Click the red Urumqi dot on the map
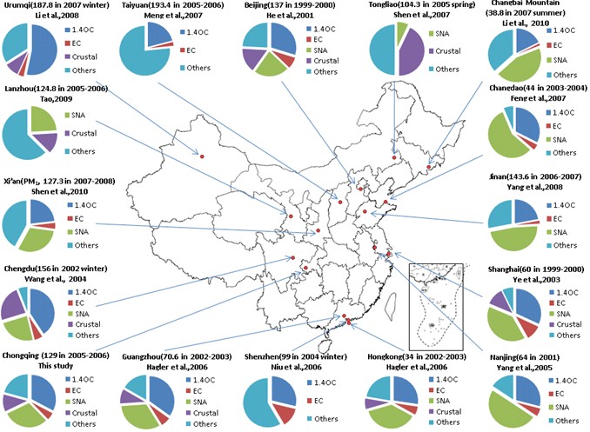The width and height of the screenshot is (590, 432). [201, 156]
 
